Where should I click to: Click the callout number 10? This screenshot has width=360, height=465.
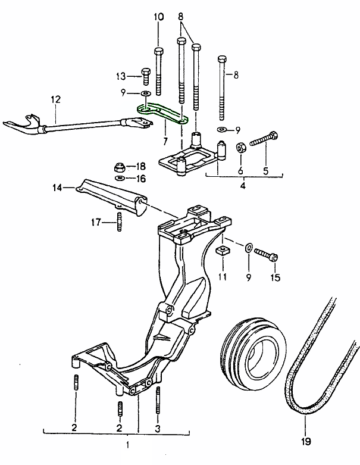coord(159,17)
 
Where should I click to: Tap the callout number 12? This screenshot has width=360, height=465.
coord(55,100)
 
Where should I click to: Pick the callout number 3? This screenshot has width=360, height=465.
coord(158,428)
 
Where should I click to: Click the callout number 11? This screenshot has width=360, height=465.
coord(222,277)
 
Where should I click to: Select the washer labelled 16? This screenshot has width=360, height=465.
coord(120,177)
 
